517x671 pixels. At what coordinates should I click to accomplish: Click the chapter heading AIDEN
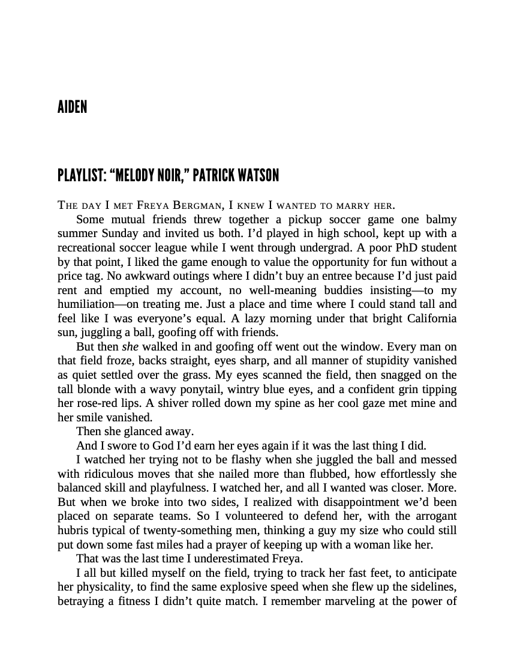pyautogui.click(x=73, y=107)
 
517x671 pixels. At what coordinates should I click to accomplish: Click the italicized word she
pyautogui.click(x=130, y=346)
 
